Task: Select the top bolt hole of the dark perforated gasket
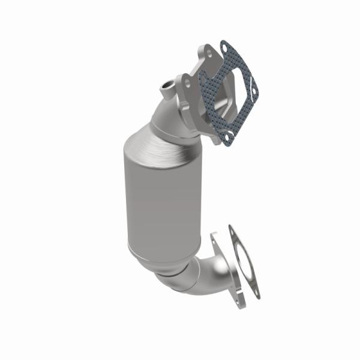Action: (224, 46)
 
